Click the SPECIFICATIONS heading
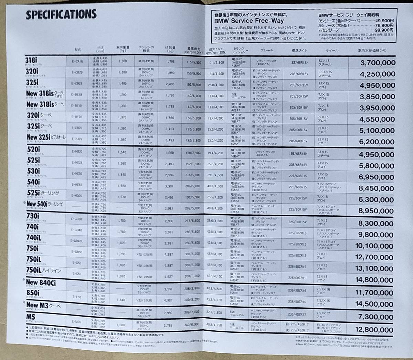(x=61, y=14)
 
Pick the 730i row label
(x=33, y=216)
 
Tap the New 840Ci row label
(x=41, y=283)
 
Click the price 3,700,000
(x=378, y=63)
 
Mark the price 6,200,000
(x=377, y=142)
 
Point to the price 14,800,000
(x=374, y=280)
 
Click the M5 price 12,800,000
(x=374, y=330)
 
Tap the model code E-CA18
(x=77, y=61)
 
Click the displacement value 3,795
(x=169, y=325)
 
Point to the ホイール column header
(x=332, y=50)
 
